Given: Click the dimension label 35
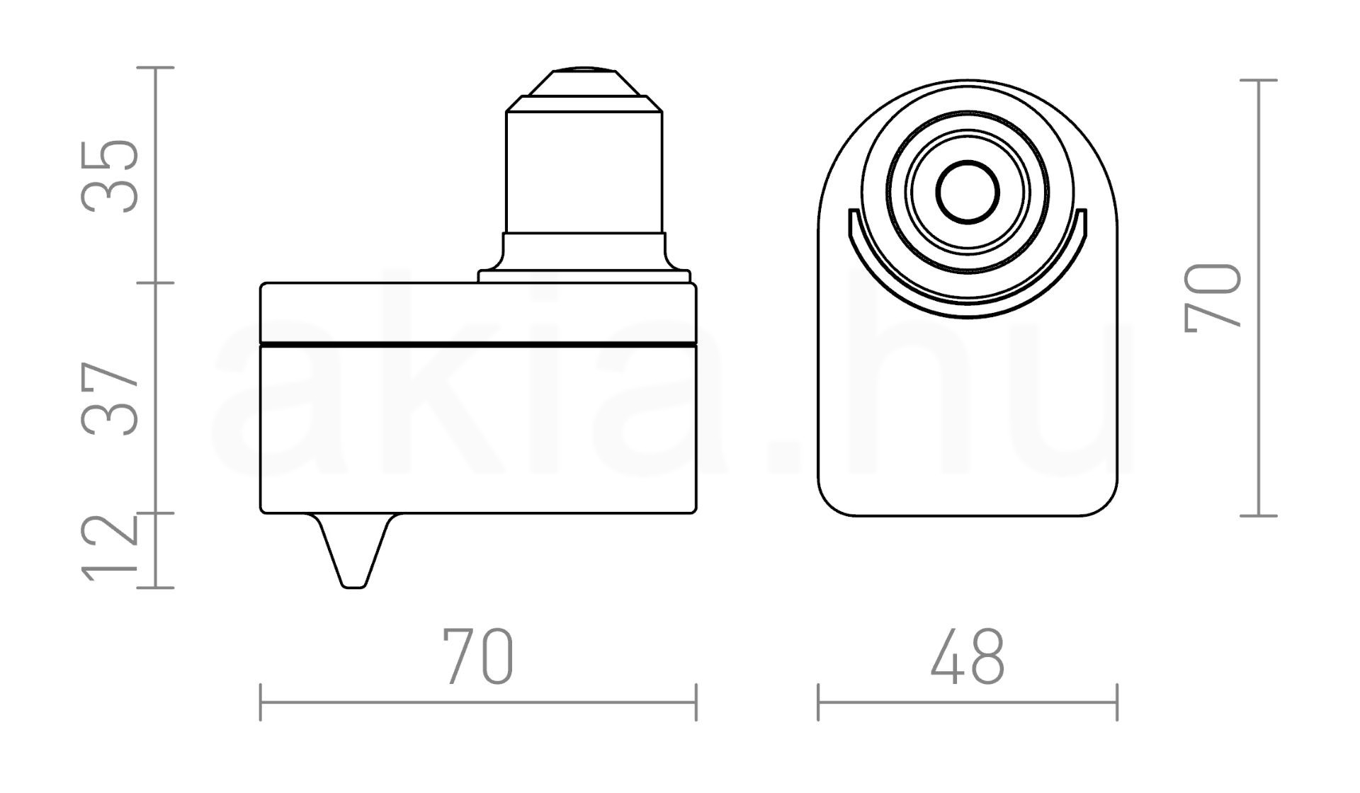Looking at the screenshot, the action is [x=110, y=176].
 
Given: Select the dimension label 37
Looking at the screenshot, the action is [x=110, y=399].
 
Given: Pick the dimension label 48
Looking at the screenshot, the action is [x=968, y=656].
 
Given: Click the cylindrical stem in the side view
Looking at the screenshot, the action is [x=584, y=173].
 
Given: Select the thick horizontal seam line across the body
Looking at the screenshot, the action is [x=478, y=345].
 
